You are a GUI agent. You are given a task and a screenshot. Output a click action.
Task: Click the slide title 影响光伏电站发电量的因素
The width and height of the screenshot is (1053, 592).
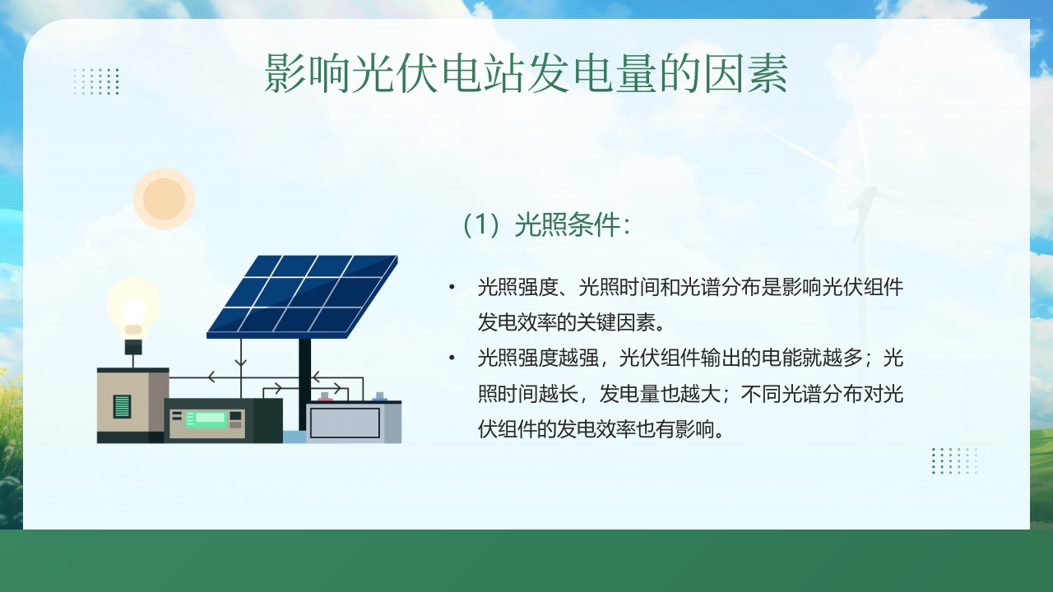pos(526,74)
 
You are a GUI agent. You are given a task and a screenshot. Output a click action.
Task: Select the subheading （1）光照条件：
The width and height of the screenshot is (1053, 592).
pos(546,225)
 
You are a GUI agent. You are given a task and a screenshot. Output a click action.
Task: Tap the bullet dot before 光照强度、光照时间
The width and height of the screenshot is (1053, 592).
pos(452,288)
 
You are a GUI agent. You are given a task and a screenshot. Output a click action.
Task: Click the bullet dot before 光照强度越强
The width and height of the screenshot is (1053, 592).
pos(452,358)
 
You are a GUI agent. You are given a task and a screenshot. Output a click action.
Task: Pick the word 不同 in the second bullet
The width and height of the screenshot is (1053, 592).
pos(760,395)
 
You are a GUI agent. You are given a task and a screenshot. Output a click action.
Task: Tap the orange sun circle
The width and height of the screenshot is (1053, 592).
pos(164,198)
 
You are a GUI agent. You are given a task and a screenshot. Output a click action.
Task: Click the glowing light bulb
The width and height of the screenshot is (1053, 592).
pos(133,309)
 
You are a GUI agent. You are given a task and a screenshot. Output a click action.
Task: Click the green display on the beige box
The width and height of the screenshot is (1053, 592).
pos(122,406)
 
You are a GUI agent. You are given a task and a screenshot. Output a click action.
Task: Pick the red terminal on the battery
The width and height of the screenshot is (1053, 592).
pos(326,398)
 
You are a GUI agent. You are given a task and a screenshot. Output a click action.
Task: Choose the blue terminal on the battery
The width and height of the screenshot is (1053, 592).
pos(379,398)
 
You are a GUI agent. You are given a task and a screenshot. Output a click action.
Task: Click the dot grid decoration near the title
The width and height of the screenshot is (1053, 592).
pos(95,81)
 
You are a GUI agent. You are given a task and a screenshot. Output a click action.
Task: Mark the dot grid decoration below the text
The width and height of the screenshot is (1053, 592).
pos(954,460)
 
